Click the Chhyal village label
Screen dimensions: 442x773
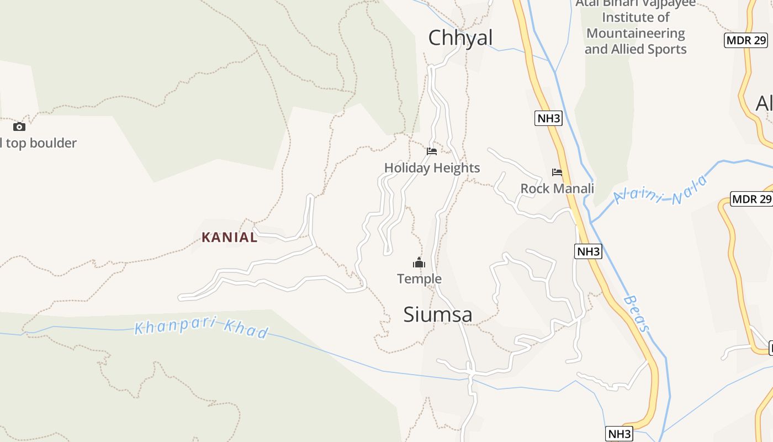[x=460, y=38]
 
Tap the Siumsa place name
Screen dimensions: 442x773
[x=437, y=314]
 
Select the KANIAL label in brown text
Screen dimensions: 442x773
[x=229, y=238]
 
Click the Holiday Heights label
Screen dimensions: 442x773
[x=432, y=168]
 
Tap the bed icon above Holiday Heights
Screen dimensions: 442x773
[x=432, y=151]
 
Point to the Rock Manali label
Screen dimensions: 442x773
[x=557, y=188]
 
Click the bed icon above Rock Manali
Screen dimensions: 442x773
[x=557, y=172]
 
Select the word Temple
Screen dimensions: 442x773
[x=419, y=278]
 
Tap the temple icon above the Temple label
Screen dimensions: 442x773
[x=419, y=262]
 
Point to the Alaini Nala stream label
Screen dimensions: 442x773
[x=660, y=190]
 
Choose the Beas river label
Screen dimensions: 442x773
[x=637, y=314]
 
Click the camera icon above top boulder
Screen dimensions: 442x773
[x=19, y=127]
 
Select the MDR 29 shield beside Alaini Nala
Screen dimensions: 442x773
[x=751, y=199]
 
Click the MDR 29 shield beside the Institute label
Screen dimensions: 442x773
[x=745, y=40]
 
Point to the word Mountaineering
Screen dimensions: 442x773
[x=636, y=33]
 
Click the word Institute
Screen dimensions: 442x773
[x=636, y=18]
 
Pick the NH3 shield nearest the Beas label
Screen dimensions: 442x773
[x=588, y=251]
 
